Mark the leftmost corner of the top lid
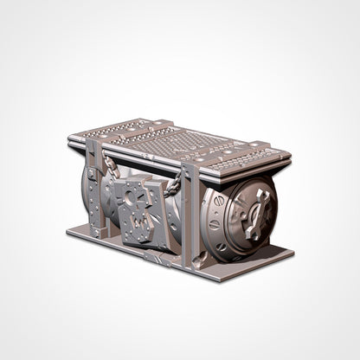tap(70, 138)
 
